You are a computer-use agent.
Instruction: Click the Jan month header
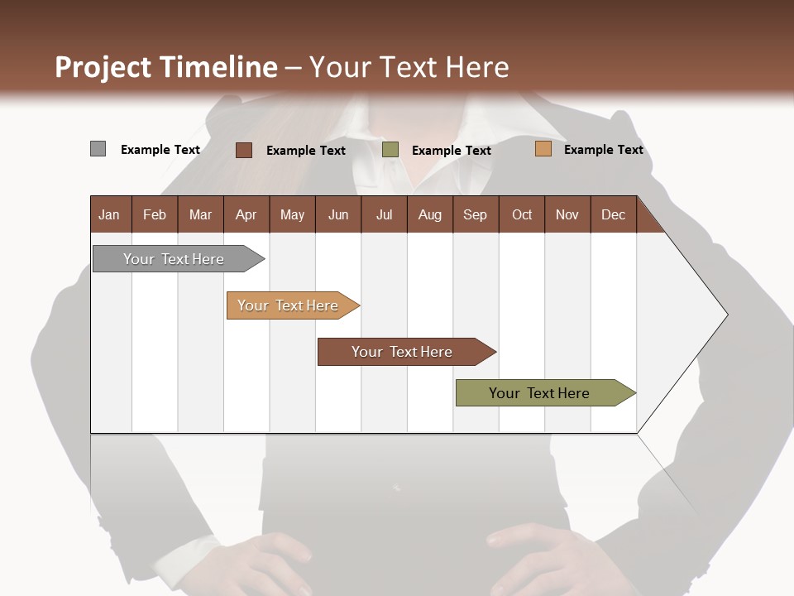tap(109, 214)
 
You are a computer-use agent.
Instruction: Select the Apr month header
tap(246, 214)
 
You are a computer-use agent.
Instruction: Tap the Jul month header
tap(384, 214)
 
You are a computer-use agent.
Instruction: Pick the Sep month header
tap(475, 214)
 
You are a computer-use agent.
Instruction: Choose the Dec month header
tap(613, 214)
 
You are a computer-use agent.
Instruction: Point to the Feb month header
tap(155, 214)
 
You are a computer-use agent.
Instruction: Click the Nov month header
tap(567, 214)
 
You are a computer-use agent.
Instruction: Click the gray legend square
tap(98, 149)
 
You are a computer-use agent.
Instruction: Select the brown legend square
tap(244, 150)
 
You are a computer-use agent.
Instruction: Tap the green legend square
tap(390, 150)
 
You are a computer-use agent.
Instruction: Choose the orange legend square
tap(543, 149)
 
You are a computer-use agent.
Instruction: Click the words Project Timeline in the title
tap(166, 67)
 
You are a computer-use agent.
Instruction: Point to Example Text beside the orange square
tap(603, 150)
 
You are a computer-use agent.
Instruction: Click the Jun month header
tap(338, 214)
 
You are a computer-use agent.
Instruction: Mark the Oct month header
tap(522, 214)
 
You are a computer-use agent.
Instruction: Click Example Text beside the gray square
tap(160, 150)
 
